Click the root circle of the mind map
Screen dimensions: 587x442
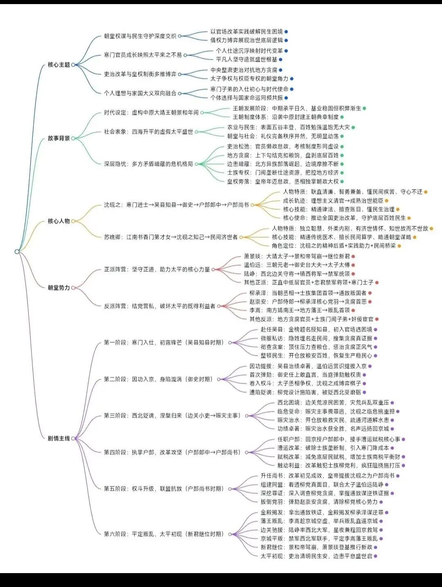pos(17,252)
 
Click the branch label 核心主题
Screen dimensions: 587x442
pos(59,65)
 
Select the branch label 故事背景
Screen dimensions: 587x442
pos(59,138)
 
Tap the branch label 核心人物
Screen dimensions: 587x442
pos(59,221)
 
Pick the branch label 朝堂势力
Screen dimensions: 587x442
pos(59,288)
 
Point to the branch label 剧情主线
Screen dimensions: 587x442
pos(59,438)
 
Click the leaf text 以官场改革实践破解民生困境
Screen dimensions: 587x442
pos(246,31)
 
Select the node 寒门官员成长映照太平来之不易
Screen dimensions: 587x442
pos(142,55)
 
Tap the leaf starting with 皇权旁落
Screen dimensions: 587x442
pos(283,181)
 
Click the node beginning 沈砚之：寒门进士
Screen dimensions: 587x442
pos(176,205)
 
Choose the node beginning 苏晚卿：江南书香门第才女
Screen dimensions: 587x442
pos(171,237)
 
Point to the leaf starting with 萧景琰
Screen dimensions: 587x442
pos(297,256)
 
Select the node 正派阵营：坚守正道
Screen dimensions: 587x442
pos(157,270)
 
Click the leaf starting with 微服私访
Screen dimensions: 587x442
pos(316,338)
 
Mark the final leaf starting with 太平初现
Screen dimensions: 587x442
pos(316,556)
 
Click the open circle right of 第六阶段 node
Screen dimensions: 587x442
pos(230,534)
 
